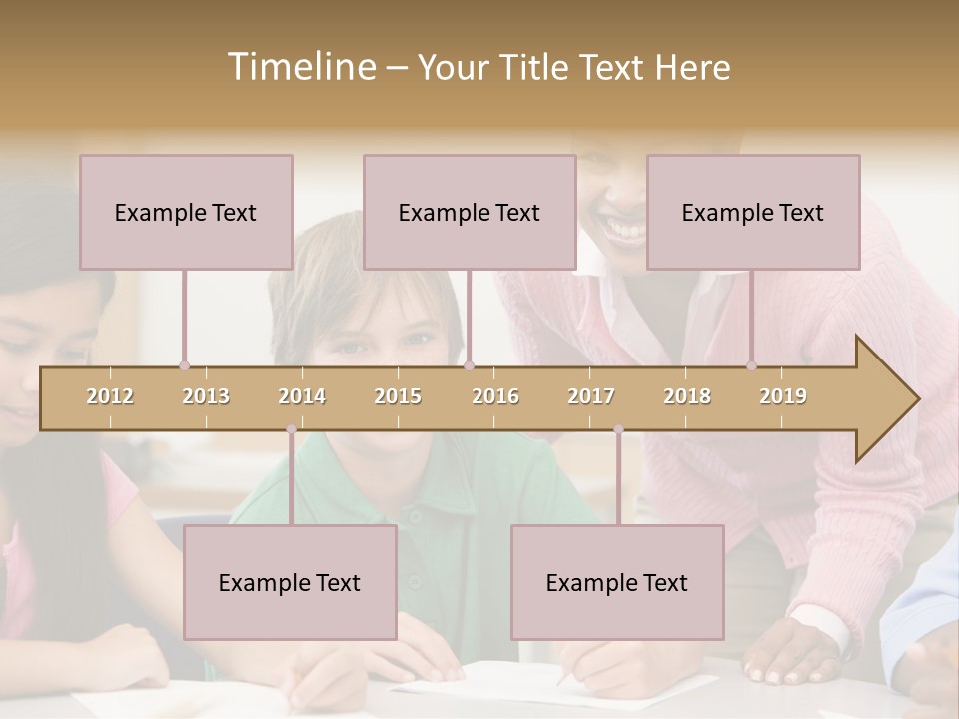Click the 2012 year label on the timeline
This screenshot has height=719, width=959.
(110, 396)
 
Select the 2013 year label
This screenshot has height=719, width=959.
(206, 396)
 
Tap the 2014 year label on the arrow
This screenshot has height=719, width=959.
(302, 396)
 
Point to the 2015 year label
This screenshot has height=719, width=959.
(398, 396)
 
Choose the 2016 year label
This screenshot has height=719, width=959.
(495, 396)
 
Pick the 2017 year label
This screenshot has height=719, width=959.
(591, 396)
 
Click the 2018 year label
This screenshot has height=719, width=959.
(687, 396)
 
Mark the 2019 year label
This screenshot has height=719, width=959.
(783, 396)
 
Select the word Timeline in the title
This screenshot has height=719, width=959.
(299, 67)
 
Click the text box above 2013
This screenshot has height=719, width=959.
(186, 212)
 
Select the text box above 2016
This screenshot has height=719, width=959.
(470, 212)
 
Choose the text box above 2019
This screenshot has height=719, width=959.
(753, 212)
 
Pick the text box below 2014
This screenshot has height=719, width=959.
(290, 582)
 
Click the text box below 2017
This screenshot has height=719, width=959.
(617, 582)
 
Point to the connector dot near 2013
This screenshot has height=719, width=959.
(184, 365)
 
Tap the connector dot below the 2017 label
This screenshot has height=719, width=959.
(618, 429)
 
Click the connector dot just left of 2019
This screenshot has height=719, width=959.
(752, 365)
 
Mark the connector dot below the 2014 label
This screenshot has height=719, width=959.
(291, 429)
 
